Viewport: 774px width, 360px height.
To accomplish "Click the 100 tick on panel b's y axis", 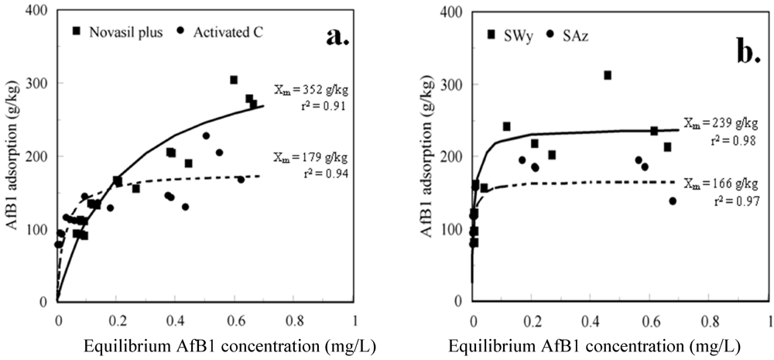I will [454, 229].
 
